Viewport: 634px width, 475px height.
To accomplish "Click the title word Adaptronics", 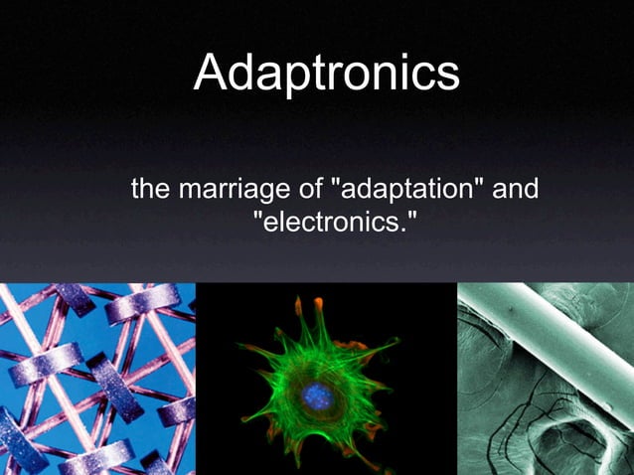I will click(x=326, y=74).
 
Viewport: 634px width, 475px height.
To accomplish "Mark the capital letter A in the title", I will click(x=213, y=73).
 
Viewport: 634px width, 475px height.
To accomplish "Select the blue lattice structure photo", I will click(x=97, y=379).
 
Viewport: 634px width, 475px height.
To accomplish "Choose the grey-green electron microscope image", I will click(x=545, y=379).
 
